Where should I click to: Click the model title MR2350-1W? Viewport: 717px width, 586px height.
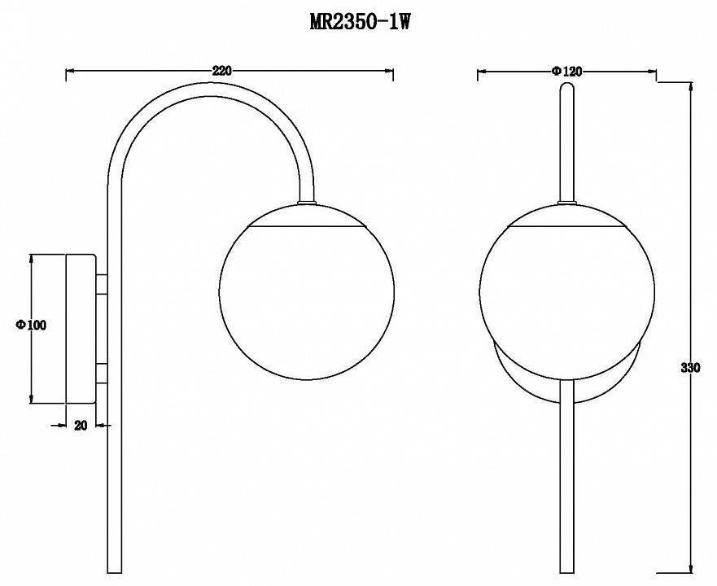tap(360, 21)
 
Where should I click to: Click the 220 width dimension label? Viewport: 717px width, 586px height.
tap(222, 71)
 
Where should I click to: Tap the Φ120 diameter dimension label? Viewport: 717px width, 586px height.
tap(566, 71)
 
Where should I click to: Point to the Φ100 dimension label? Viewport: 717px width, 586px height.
tap(31, 325)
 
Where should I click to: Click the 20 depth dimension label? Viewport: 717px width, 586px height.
tap(81, 426)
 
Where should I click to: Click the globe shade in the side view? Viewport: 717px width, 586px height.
tap(306, 292)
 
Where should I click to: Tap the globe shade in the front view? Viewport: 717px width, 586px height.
tap(567, 292)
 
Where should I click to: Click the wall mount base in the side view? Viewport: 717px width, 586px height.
tap(81, 329)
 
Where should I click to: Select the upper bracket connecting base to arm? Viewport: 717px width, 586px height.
tap(102, 283)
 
